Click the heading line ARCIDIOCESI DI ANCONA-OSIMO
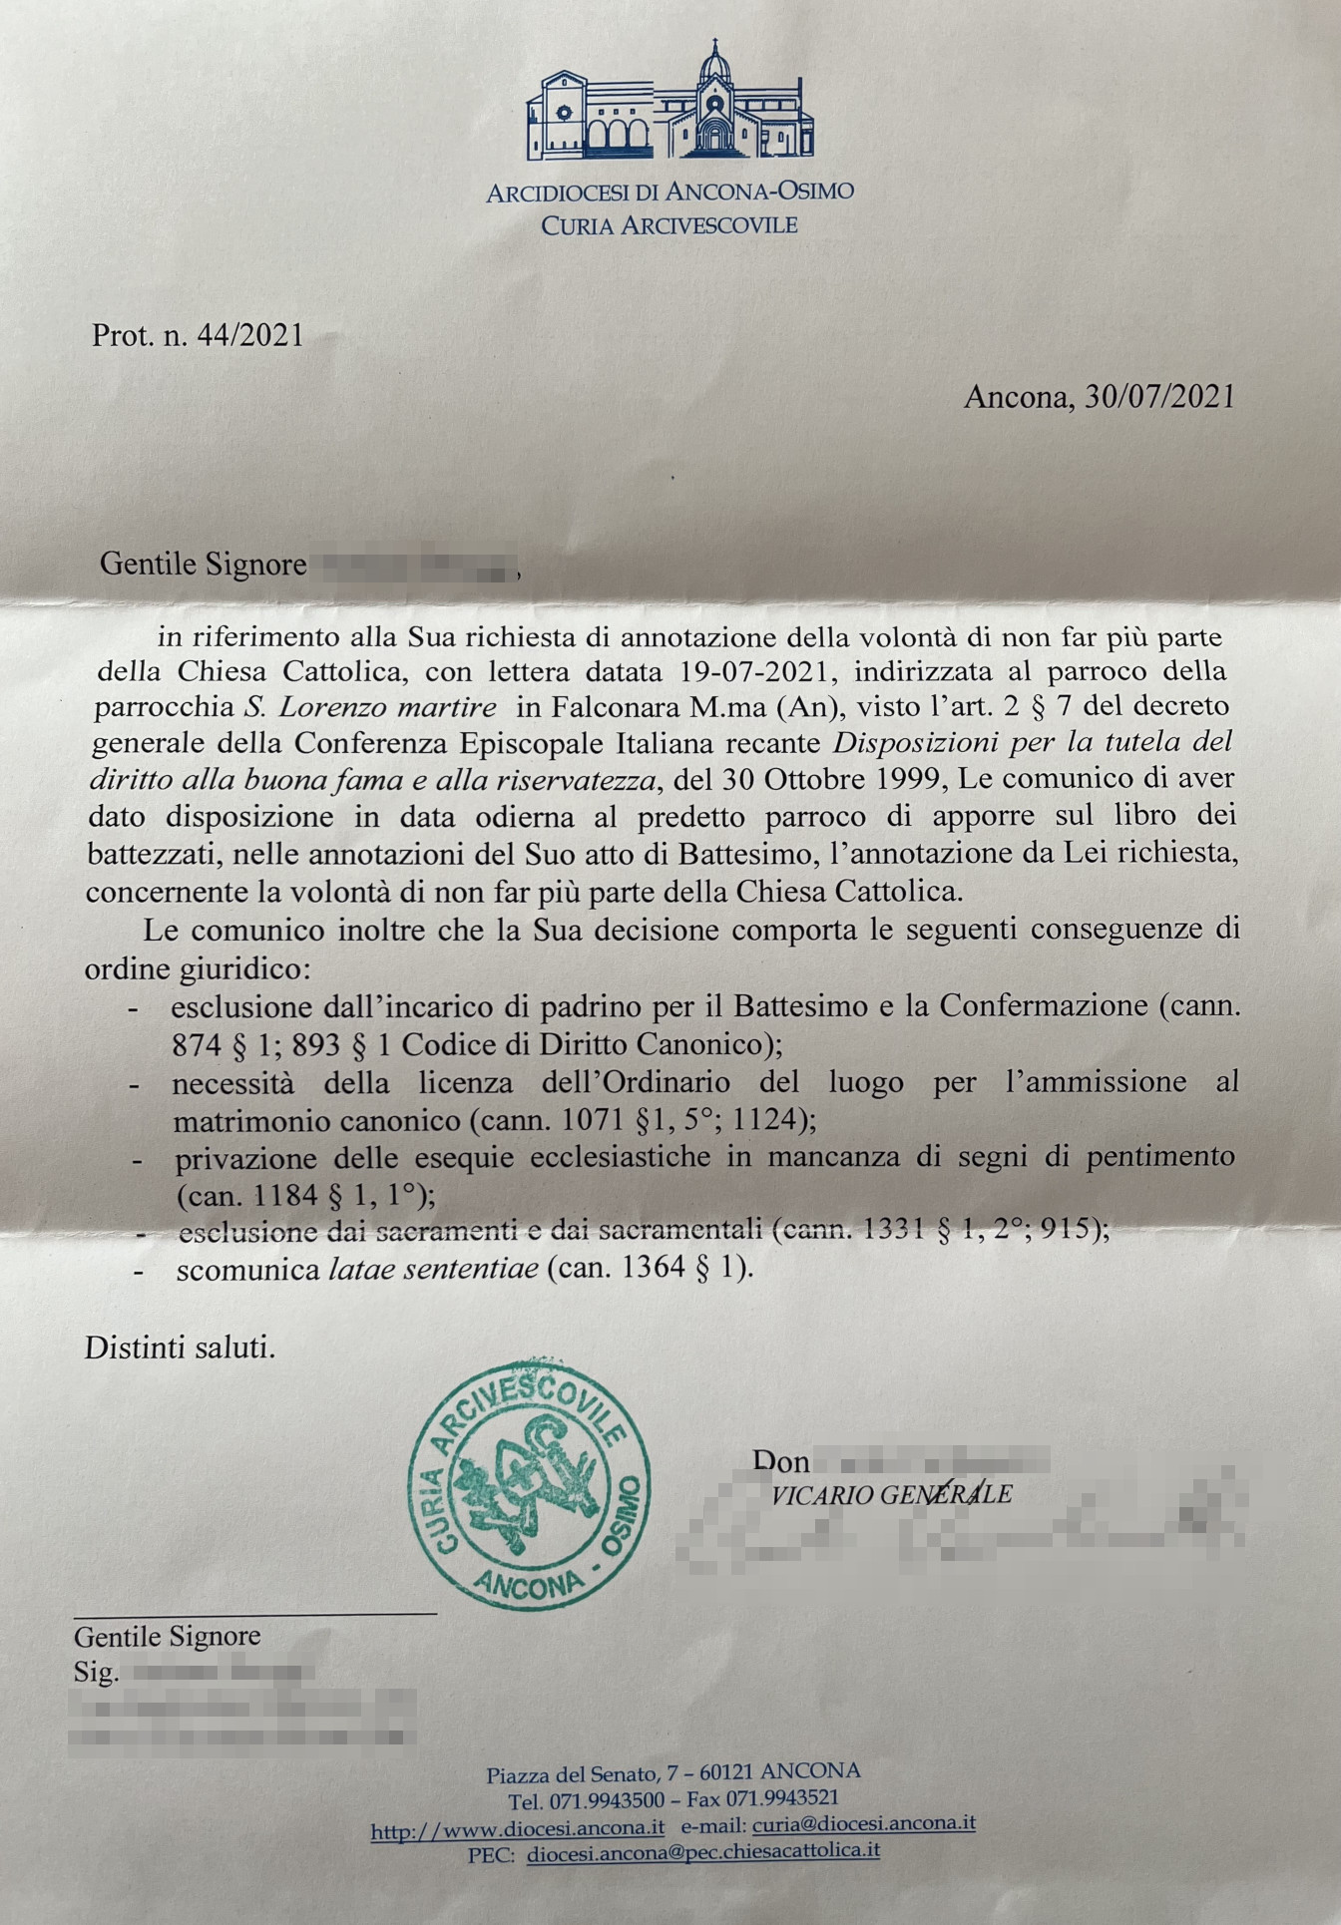(670, 192)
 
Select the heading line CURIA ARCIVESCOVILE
(670, 225)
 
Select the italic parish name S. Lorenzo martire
(370, 708)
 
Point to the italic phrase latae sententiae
(433, 1270)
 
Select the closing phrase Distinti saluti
(180, 1347)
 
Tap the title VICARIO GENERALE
(891, 1494)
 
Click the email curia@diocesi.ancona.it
(864, 1824)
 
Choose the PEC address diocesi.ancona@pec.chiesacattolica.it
(703, 1851)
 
